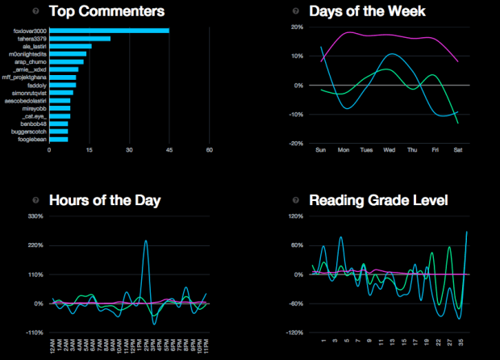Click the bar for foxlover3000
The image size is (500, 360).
click(x=109, y=31)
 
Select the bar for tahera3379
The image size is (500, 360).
click(x=79, y=39)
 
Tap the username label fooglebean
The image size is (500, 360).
click(x=32, y=139)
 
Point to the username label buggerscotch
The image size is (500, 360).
click(x=30, y=131)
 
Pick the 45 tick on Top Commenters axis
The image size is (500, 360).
click(x=169, y=149)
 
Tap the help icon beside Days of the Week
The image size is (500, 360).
click(x=296, y=11)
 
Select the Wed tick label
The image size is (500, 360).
click(x=390, y=150)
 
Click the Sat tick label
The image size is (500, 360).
click(x=459, y=150)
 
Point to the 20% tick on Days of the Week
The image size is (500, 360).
click(x=297, y=27)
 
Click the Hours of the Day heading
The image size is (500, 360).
click(x=105, y=200)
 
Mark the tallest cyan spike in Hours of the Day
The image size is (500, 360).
click(x=145, y=241)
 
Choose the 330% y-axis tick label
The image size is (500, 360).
click(x=35, y=216)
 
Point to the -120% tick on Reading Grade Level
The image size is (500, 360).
click(x=293, y=333)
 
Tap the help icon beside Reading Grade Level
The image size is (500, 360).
click(x=296, y=200)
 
